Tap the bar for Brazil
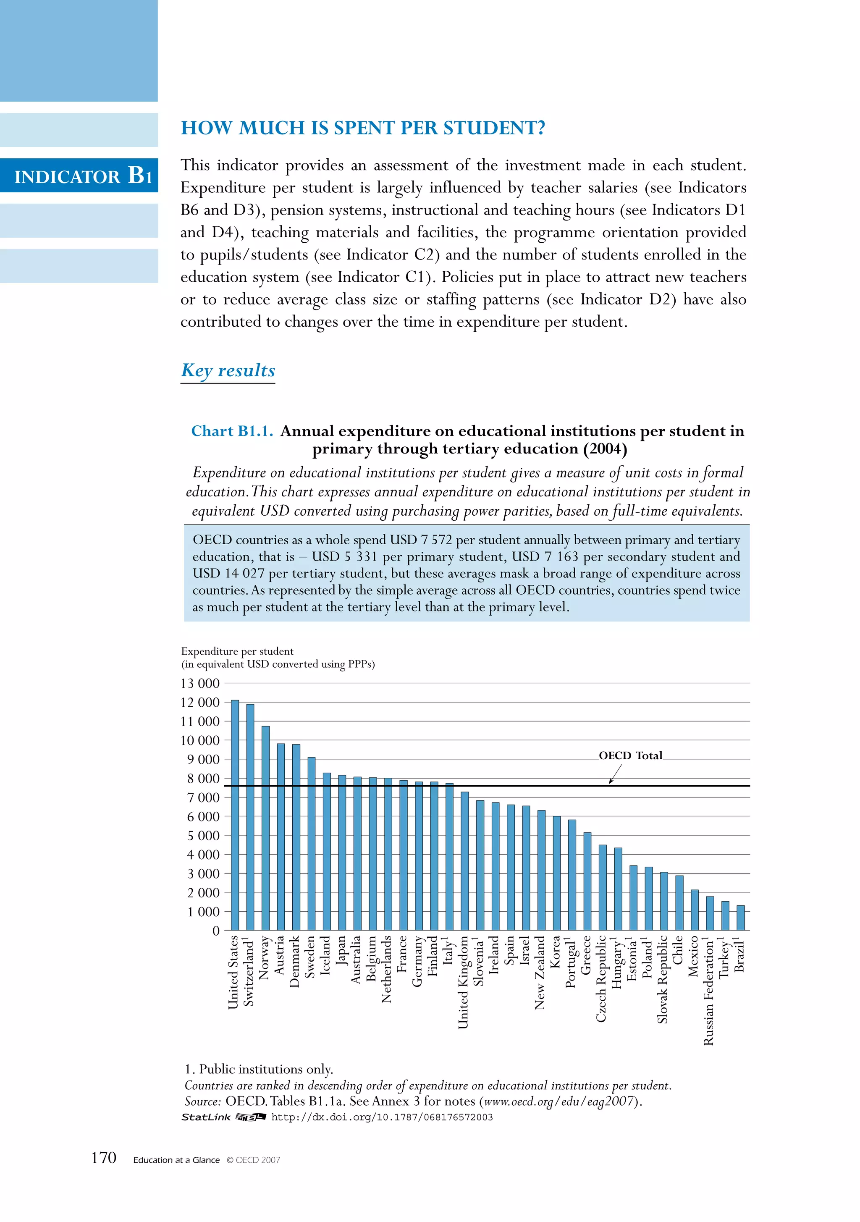[740, 918]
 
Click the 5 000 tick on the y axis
[203, 836]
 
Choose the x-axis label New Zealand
[540, 973]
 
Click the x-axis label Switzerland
[249, 971]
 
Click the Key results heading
[228, 370]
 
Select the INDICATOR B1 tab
[82, 176]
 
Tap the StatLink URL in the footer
[382, 1117]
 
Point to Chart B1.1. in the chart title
[232, 431]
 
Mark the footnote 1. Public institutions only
[259, 1069]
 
